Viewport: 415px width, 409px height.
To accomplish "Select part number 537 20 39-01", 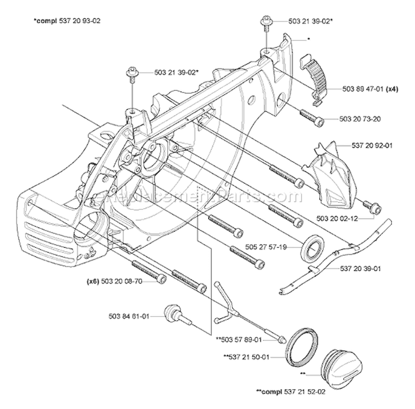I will click(361, 269).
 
